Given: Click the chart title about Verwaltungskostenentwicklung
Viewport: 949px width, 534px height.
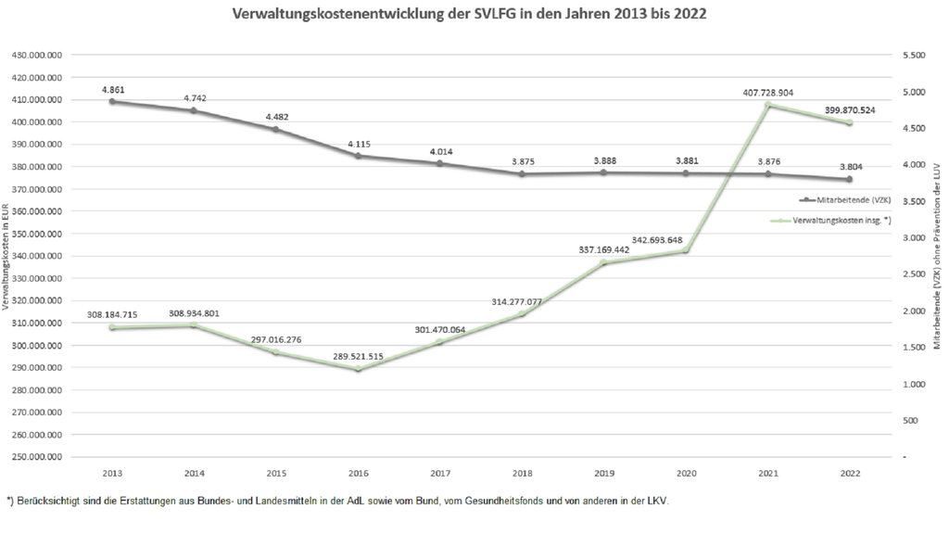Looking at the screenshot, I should [474, 15].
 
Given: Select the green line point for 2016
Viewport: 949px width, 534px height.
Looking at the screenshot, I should [358, 369].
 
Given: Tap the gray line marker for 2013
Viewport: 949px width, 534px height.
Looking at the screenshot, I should [112, 101].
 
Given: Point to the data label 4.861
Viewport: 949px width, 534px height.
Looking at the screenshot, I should [113, 89].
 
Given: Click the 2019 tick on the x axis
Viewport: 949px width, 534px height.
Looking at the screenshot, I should [603, 473].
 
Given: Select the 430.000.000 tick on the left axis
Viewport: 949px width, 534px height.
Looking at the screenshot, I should [36, 55].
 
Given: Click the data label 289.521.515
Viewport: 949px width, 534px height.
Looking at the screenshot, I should [358, 356].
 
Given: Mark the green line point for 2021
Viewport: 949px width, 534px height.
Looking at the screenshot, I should [767, 105].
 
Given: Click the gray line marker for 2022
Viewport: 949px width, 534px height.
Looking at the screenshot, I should [849, 179].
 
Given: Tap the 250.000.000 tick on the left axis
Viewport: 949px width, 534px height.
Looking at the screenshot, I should [36, 457].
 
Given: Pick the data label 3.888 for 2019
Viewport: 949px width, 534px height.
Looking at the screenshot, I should [603, 159].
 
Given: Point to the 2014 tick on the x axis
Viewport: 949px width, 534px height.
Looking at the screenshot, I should [194, 473].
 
